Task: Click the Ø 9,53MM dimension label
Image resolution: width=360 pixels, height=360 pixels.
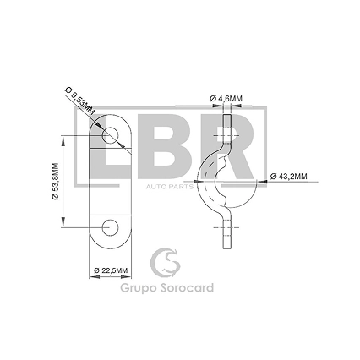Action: pos(79,101)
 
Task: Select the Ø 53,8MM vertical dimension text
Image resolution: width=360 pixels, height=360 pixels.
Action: pos(55,182)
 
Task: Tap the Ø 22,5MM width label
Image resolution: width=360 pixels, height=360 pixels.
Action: pos(111,270)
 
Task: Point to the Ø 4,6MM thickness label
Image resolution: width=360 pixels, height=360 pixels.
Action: pos(226,99)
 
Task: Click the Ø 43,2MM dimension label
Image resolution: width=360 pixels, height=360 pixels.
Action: pos(289,177)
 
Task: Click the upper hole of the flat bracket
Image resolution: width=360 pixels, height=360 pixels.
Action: pos(110,135)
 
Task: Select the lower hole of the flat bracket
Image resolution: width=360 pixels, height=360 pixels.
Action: pos(110,227)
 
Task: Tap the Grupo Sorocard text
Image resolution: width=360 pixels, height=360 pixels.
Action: pos(167,288)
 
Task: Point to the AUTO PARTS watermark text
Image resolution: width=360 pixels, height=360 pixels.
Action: pos(170,187)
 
